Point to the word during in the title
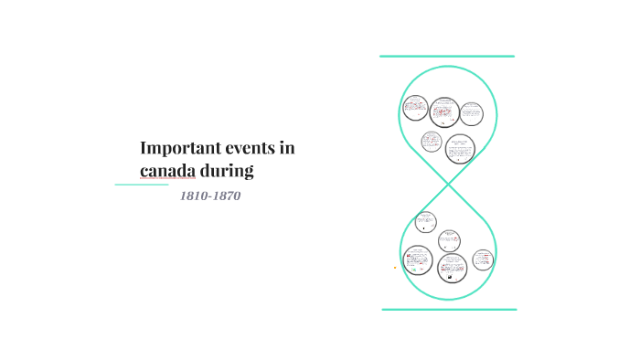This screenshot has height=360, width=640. tap(227, 170)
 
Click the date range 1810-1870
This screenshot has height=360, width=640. tap(211, 196)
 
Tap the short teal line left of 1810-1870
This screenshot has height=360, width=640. tap(142, 185)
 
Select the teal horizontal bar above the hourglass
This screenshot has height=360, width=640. tap(447, 57)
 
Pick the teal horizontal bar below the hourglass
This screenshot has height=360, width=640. tap(449, 310)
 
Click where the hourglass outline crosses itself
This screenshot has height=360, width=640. tap(449, 185)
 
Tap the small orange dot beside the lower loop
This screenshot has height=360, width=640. tap(395, 268)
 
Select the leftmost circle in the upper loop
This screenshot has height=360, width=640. tap(414, 108)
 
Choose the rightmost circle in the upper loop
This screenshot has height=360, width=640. tap(471, 113)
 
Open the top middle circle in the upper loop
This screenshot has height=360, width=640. tap(443, 111)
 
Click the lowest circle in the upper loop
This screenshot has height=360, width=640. tap(460, 148)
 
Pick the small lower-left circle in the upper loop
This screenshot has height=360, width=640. tap(432, 142)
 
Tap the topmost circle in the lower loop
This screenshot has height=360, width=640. tap(425, 221)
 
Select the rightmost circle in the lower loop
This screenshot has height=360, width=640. tap(484, 259)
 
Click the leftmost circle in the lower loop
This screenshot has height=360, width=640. tap(418, 260)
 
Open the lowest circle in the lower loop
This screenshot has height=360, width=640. tap(452, 268)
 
